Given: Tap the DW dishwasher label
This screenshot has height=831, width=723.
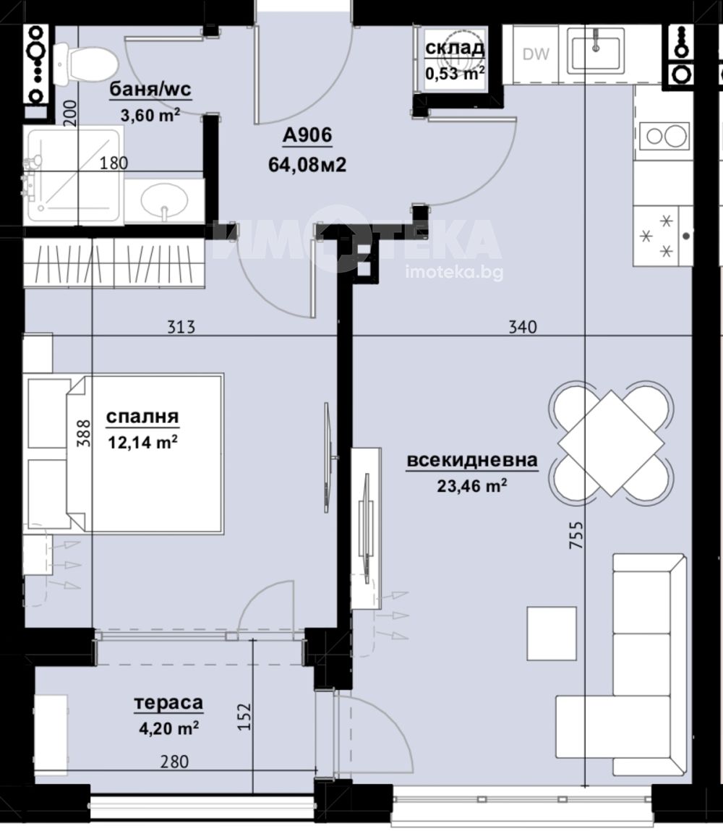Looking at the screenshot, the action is [536, 54].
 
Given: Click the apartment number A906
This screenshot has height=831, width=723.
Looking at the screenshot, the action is [307, 135].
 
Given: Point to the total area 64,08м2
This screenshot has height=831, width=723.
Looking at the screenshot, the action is [307, 165].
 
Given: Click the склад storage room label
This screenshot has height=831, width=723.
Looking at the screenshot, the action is [455, 48].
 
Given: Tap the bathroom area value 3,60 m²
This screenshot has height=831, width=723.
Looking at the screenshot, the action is [150, 114].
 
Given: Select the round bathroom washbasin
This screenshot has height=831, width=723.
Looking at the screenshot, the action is [164, 201].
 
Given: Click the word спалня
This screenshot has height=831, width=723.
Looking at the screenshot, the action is [142, 417].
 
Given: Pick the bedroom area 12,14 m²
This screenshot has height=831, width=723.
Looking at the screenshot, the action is [142, 441].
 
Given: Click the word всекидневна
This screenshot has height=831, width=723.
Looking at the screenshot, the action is [472, 460].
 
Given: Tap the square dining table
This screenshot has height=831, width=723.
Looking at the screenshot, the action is [612, 443].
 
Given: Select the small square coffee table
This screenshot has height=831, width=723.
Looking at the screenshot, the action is [552, 634].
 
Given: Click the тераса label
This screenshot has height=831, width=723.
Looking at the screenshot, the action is [168, 703].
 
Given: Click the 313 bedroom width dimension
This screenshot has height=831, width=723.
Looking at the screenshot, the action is [181, 327].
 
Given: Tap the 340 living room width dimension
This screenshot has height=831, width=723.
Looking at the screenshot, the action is [522, 327].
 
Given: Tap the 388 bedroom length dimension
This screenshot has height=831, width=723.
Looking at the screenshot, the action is [84, 433].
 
